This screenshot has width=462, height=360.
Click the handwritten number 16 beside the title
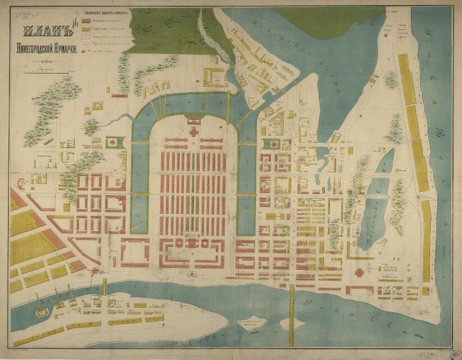pyautogui.click(x=73, y=25)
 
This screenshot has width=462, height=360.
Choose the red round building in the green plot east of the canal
pyautogui.click(x=272, y=144)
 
